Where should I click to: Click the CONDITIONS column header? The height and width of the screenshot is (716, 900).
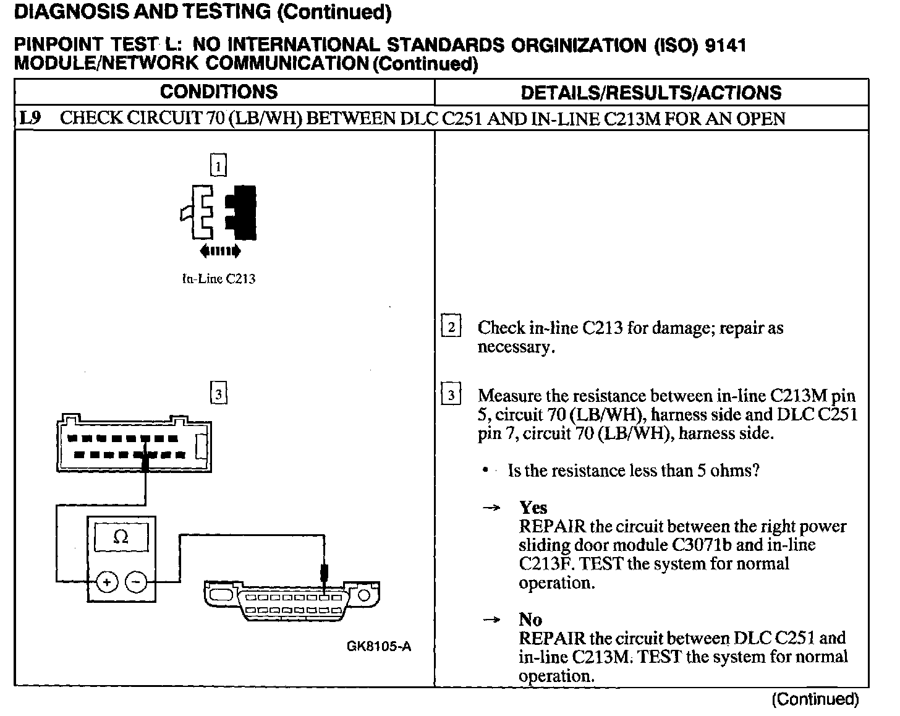coord(219,92)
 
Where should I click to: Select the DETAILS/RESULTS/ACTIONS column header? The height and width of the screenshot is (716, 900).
coord(651,93)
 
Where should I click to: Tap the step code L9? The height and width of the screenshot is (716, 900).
coord(30,118)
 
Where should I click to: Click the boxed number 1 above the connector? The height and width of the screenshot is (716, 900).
coord(219,165)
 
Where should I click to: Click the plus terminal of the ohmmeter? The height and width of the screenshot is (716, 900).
coord(108,582)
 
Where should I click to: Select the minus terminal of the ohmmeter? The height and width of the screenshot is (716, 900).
coord(137,582)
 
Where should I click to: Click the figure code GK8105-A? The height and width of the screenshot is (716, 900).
coord(378,647)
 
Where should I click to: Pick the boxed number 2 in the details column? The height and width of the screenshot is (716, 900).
coord(451,326)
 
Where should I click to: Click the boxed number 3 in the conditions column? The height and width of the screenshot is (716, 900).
coord(219,394)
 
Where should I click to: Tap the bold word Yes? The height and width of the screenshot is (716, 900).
coord(533,508)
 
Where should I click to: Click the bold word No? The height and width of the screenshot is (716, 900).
coord(530,620)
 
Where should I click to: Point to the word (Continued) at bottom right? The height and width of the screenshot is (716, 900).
coord(815,699)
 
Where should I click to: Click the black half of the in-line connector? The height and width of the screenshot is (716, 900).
coord(244,212)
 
